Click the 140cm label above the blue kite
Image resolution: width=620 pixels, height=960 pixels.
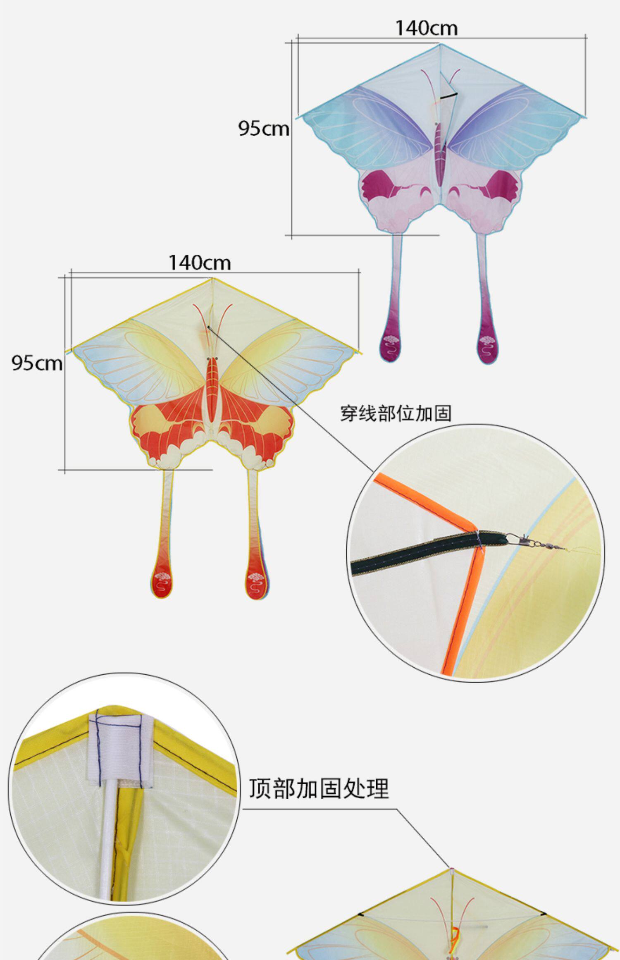click(427, 28)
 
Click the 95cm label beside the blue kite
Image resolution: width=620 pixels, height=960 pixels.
click(263, 129)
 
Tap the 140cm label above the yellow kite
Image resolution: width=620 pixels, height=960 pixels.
click(200, 263)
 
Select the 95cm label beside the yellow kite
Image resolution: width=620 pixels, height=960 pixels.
click(37, 363)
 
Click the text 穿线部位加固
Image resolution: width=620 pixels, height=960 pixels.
click(396, 413)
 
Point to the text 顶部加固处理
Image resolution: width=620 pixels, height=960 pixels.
click(319, 788)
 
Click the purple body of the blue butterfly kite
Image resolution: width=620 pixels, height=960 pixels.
click(439, 153)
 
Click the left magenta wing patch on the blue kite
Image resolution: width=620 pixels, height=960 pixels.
click(377, 184)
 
